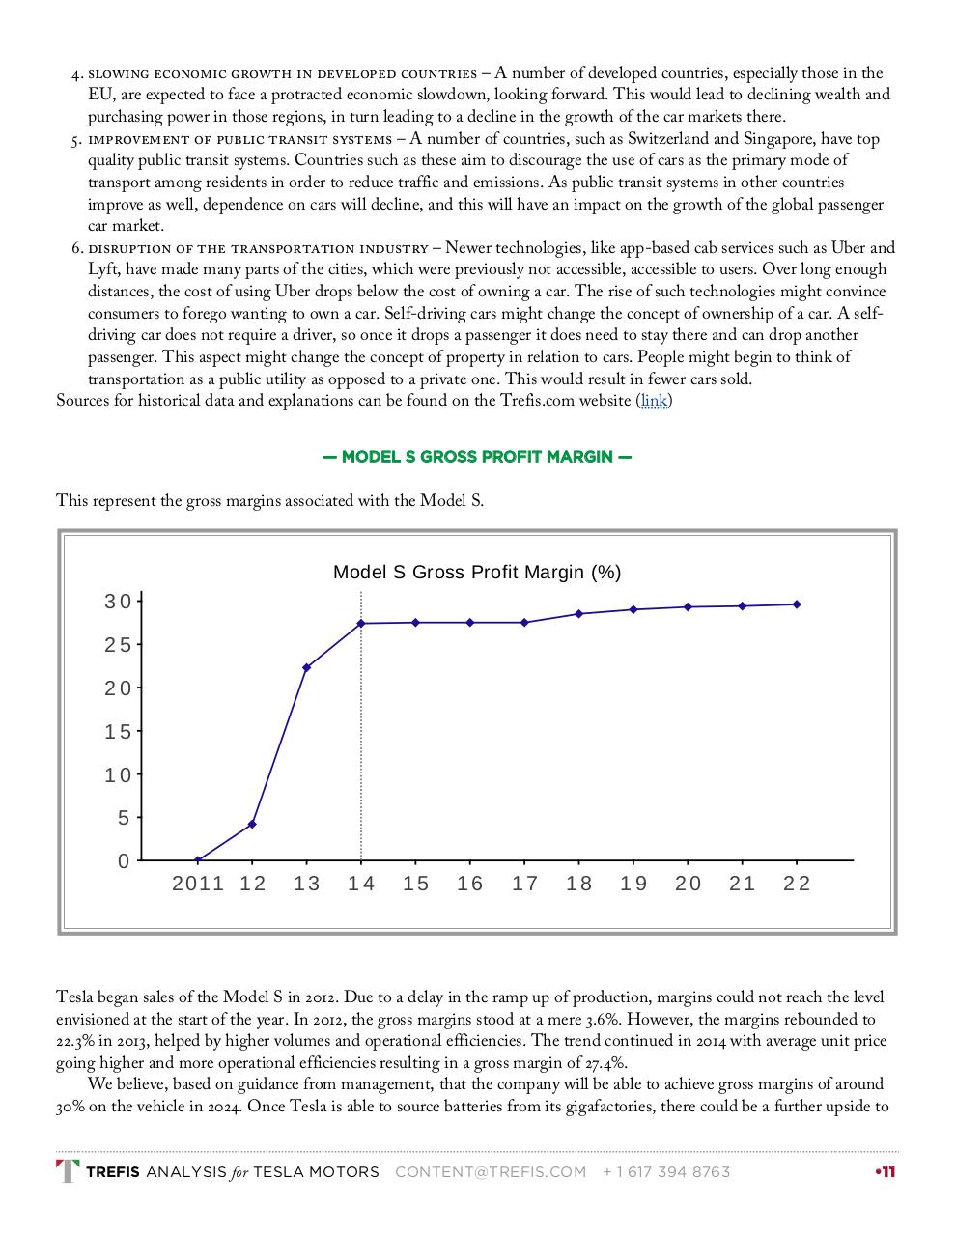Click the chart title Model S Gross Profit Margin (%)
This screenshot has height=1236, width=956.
477,572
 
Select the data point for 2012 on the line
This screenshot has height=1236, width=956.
252,824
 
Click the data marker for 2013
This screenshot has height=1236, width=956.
307,667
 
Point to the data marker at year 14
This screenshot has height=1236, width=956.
361,623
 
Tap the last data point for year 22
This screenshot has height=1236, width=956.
797,604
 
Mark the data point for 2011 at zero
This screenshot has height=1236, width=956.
198,859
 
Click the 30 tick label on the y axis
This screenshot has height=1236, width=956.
117,602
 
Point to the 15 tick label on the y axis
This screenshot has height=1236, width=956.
117,732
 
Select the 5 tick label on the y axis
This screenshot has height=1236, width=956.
123,818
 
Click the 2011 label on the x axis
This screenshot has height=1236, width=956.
198,884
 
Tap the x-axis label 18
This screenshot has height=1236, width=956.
579,884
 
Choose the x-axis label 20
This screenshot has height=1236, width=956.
689,884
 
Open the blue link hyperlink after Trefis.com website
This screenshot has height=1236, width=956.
654,400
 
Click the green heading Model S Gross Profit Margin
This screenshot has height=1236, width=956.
477,456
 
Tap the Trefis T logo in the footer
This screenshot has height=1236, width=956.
68,1171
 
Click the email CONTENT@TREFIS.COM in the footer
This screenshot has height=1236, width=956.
491,1172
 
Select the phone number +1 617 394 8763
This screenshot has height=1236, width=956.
666,1172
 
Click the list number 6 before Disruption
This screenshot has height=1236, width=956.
76,248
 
